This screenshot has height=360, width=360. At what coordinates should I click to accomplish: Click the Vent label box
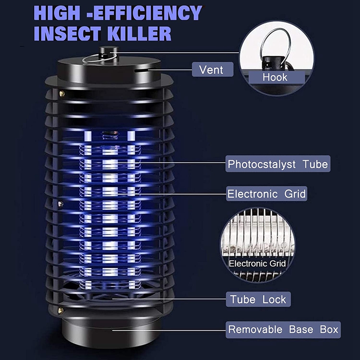coord(211,70)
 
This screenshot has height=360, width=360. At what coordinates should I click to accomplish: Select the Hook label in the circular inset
coord(274,77)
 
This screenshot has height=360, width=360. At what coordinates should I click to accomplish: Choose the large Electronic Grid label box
coord(266,194)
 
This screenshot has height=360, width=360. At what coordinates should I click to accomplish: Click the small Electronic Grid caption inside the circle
coord(257,264)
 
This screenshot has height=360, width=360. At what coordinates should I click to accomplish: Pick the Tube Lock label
coord(258,299)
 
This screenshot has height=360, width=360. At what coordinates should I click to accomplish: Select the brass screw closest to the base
coord(60,310)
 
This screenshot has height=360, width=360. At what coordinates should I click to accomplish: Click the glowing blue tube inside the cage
coord(108,202)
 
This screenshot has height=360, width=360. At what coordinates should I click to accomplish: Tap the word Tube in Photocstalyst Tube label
coord(315,164)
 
